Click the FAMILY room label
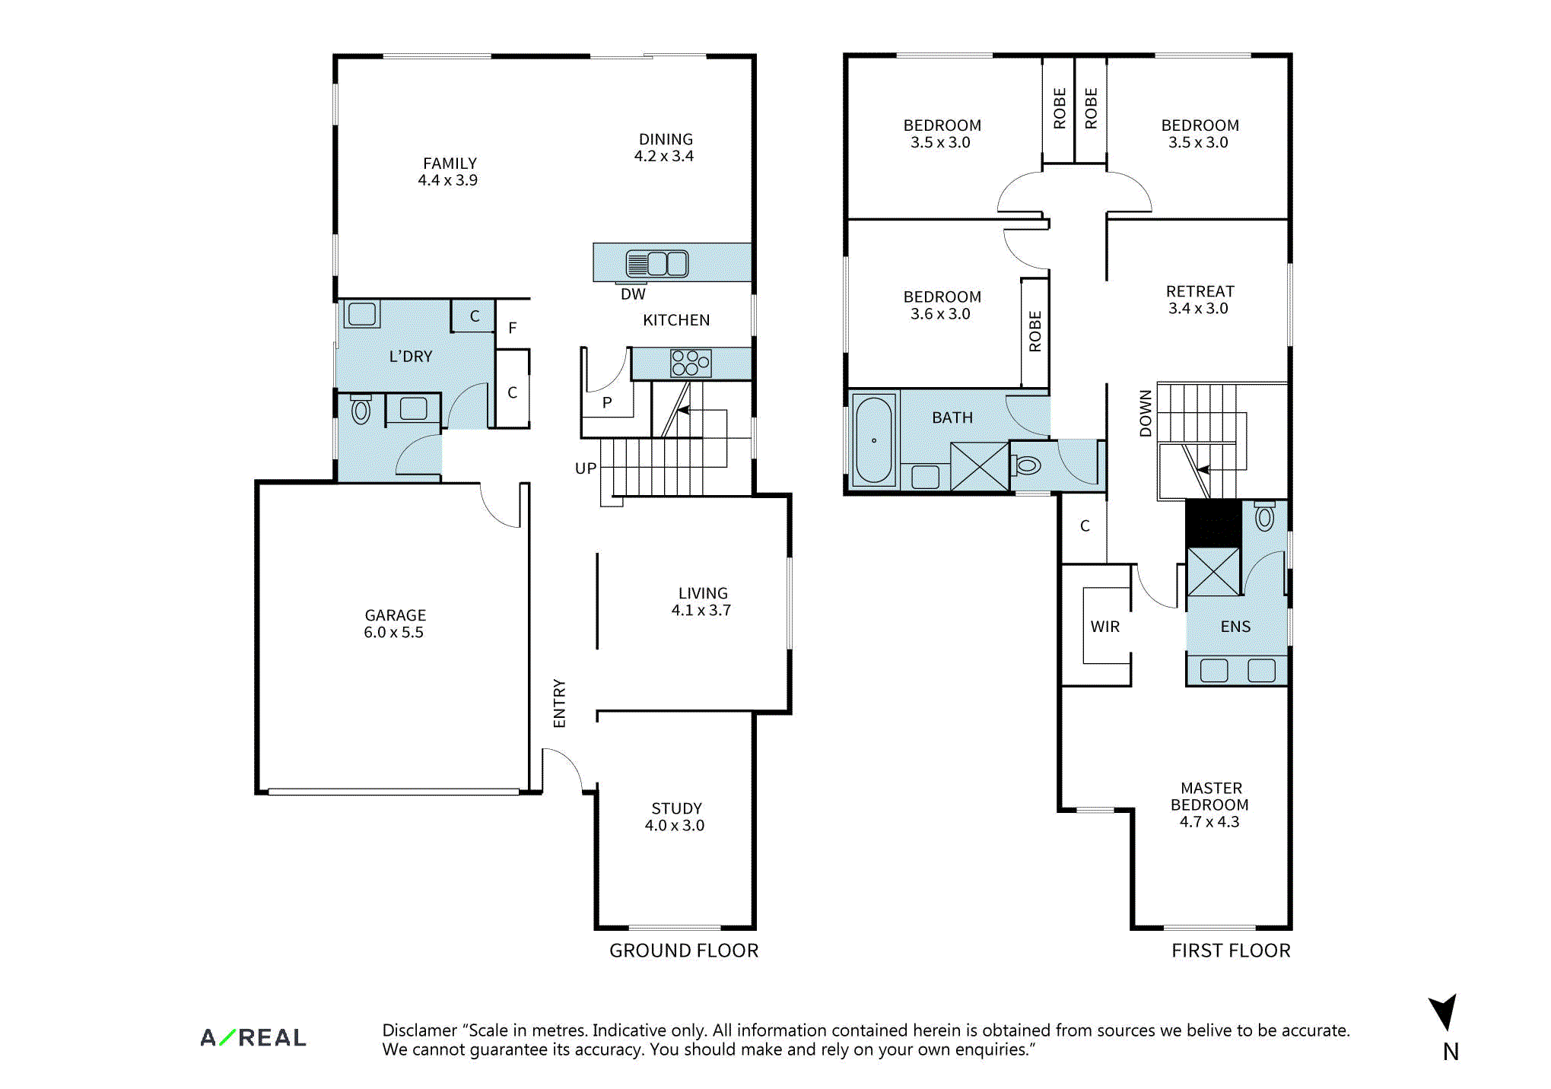(x=449, y=172)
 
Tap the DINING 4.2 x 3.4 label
(x=665, y=148)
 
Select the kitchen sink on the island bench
(x=657, y=264)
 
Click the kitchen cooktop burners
(x=691, y=363)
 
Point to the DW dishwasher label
(x=633, y=294)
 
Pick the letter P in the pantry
(x=607, y=402)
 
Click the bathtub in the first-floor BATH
(x=874, y=440)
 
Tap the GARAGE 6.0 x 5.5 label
(x=395, y=624)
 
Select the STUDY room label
(x=675, y=817)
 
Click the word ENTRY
(x=560, y=703)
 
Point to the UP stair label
(x=586, y=468)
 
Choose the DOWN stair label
(x=1146, y=414)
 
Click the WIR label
(x=1105, y=627)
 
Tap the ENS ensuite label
(x=1236, y=627)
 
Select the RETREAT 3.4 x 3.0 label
(x=1200, y=300)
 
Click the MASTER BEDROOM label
(x=1210, y=805)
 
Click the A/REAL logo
(x=253, y=1037)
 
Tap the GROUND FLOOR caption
(x=684, y=951)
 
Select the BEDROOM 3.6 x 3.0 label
(x=942, y=305)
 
